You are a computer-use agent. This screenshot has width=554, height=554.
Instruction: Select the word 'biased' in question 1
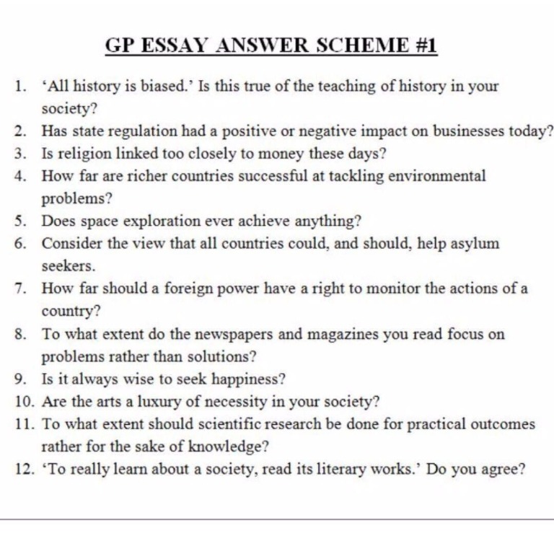point(154,87)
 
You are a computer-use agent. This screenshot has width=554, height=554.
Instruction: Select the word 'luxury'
point(162,402)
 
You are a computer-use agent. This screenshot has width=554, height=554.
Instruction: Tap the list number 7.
point(21,289)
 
